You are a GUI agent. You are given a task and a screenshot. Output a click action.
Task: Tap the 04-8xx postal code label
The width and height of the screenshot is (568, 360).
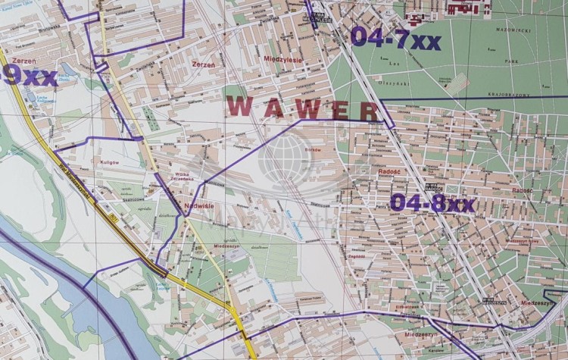tap(432, 203)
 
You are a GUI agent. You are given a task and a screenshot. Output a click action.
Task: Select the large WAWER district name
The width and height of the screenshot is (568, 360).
tap(302, 108)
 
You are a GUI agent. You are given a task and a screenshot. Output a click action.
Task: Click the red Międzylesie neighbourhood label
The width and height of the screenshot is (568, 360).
tap(282, 57)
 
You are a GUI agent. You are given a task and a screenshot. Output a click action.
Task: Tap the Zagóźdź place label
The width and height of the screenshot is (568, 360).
tap(355, 256)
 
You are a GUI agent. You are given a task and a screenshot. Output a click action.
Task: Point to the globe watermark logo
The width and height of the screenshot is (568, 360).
tap(285, 161)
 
